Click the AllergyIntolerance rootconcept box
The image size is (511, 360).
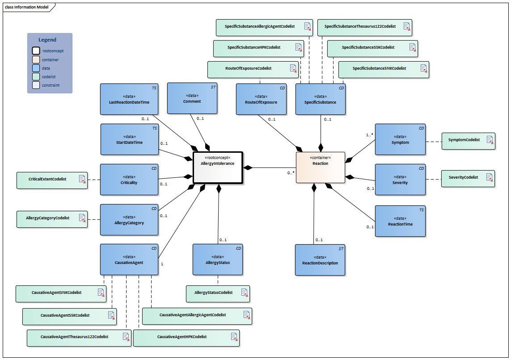pyautogui.click(x=218, y=167)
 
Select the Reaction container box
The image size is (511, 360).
pyautogui.click(x=320, y=167)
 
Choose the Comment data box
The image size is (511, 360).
pyautogui.click(x=192, y=98)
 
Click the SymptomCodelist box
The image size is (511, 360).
pyautogui.click(x=468, y=140)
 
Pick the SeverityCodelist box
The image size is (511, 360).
pyautogui.click(x=468, y=178)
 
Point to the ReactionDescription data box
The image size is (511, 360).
pyautogui.click(x=320, y=260)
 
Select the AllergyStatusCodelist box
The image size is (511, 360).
pyautogui.click(x=218, y=293)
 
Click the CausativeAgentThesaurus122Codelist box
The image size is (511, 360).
pyautogui.click(x=79, y=337)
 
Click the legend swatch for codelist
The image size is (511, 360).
pyautogui.click(x=36, y=76)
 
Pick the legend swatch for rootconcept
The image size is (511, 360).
pyautogui.click(x=36, y=51)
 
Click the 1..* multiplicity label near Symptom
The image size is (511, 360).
pyautogui.click(x=370, y=134)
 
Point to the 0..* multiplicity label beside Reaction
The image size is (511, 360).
pyautogui.click(x=291, y=173)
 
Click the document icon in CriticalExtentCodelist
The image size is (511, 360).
pyautogui.click(x=82, y=179)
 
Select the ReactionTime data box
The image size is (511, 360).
pyautogui.click(x=400, y=221)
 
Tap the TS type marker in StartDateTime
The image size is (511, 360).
pyautogui.click(x=154, y=128)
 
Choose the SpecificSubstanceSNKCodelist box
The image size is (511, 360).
pyautogui.click(x=383, y=69)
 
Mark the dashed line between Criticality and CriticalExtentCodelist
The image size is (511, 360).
pyautogui.click(x=94, y=180)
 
